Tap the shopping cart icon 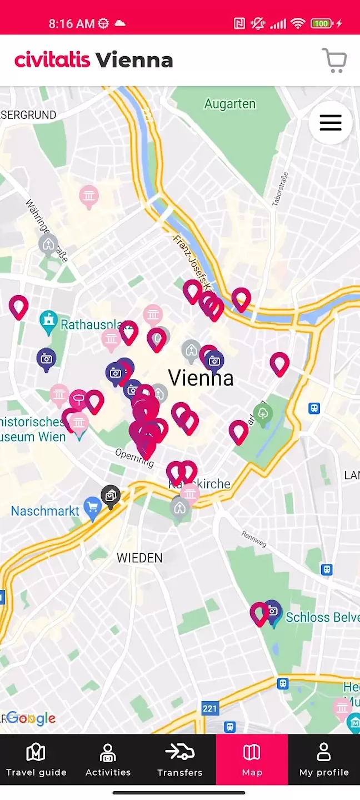tap(334, 61)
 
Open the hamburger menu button tap(331, 123)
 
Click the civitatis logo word tap(52, 60)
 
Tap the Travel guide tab tap(36, 761)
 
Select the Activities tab tap(108, 761)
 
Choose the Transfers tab tap(180, 761)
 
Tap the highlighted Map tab tap(252, 761)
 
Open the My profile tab tap(324, 761)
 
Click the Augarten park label tap(229, 104)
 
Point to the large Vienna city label tap(201, 378)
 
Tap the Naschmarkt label tap(45, 511)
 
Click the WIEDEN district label tap(139, 558)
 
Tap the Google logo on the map tap(31, 718)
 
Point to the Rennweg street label tap(254, 538)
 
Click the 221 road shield tap(209, 708)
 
